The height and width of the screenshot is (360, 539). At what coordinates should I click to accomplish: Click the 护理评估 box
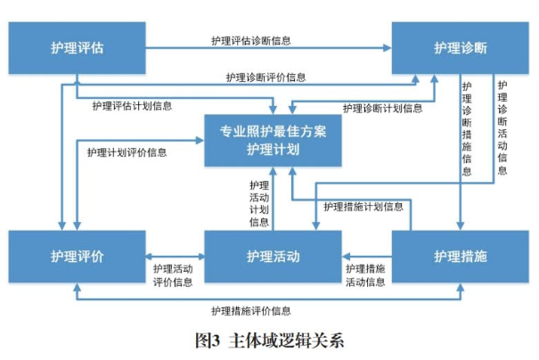[76, 47]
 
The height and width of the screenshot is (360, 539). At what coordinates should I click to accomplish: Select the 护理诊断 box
[460, 47]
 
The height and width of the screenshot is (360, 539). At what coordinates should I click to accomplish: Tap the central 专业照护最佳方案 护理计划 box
[273, 141]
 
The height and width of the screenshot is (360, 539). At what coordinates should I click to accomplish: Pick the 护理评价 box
[76, 257]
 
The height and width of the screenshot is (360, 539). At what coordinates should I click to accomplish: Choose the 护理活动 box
[273, 257]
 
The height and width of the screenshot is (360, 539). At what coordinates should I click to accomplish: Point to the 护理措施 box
[460, 257]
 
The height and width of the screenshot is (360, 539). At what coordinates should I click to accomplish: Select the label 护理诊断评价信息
[265, 78]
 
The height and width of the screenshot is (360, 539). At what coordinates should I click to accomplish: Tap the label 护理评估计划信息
[132, 105]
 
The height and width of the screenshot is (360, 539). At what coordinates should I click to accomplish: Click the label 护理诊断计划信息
[382, 108]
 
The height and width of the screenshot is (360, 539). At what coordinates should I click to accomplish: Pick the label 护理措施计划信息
[363, 207]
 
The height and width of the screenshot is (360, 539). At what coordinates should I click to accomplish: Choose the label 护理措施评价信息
[250, 311]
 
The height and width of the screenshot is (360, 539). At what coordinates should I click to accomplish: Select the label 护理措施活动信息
[365, 275]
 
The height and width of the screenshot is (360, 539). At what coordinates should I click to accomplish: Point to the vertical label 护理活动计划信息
[259, 203]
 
